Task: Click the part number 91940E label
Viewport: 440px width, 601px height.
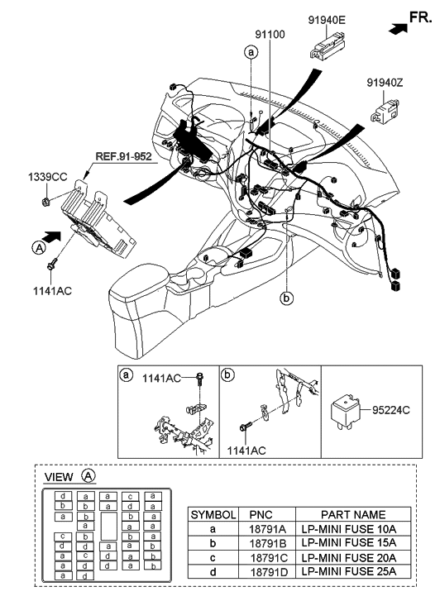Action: pos(327,20)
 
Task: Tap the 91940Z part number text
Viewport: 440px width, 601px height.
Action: pos(385,83)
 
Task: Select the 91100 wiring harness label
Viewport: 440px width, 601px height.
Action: pos(270,35)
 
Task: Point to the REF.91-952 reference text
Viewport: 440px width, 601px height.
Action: pos(123,156)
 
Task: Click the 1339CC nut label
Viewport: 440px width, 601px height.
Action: pos(47,177)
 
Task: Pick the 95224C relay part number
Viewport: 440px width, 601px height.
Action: pos(391,410)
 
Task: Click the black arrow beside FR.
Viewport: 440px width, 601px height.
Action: pos(398,28)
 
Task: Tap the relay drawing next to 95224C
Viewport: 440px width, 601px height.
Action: pos(345,413)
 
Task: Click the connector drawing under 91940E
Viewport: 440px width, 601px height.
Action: pos(328,46)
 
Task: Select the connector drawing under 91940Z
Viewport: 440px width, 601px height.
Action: pos(385,111)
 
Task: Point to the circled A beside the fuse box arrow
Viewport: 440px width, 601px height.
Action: pos(38,248)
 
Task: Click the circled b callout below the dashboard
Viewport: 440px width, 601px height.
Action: pos(286,298)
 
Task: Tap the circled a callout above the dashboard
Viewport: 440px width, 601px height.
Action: pos(251,52)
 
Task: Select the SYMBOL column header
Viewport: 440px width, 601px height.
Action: pos(213,514)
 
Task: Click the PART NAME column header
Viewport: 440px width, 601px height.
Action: pos(353,514)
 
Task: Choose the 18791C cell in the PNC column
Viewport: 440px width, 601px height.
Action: pos(269,558)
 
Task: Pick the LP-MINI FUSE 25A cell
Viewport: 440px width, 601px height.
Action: pos(349,571)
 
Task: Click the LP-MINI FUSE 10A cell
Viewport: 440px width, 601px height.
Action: pos(349,529)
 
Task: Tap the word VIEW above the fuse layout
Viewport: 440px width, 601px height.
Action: pos(59,477)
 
